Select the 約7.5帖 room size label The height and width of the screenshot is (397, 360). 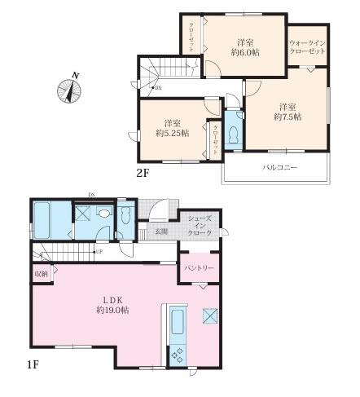(288, 117)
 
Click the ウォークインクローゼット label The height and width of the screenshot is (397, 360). (307, 46)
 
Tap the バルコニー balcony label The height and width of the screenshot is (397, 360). (279, 168)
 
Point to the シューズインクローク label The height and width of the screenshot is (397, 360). (200, 226)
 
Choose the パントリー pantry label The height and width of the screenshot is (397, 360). (200, 267)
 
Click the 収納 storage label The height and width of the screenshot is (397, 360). (39, 275)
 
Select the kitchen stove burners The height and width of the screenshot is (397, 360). (177, 356)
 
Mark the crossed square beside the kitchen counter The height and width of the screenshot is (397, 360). (208, 315)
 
